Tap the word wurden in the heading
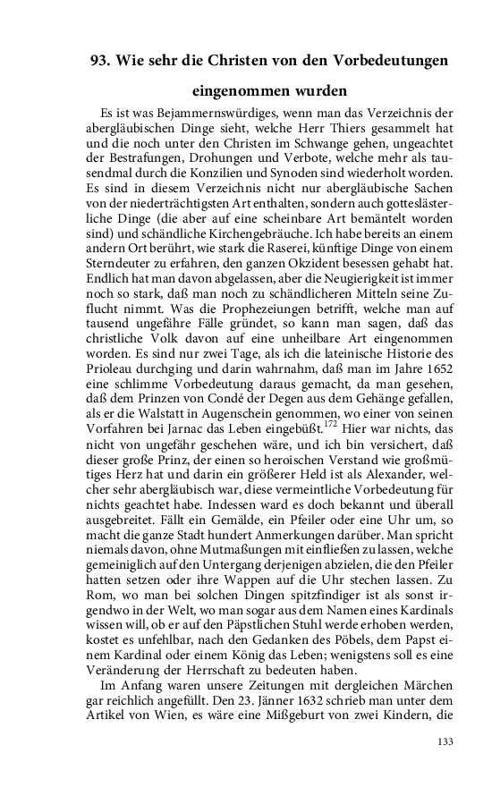pos(316,91)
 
